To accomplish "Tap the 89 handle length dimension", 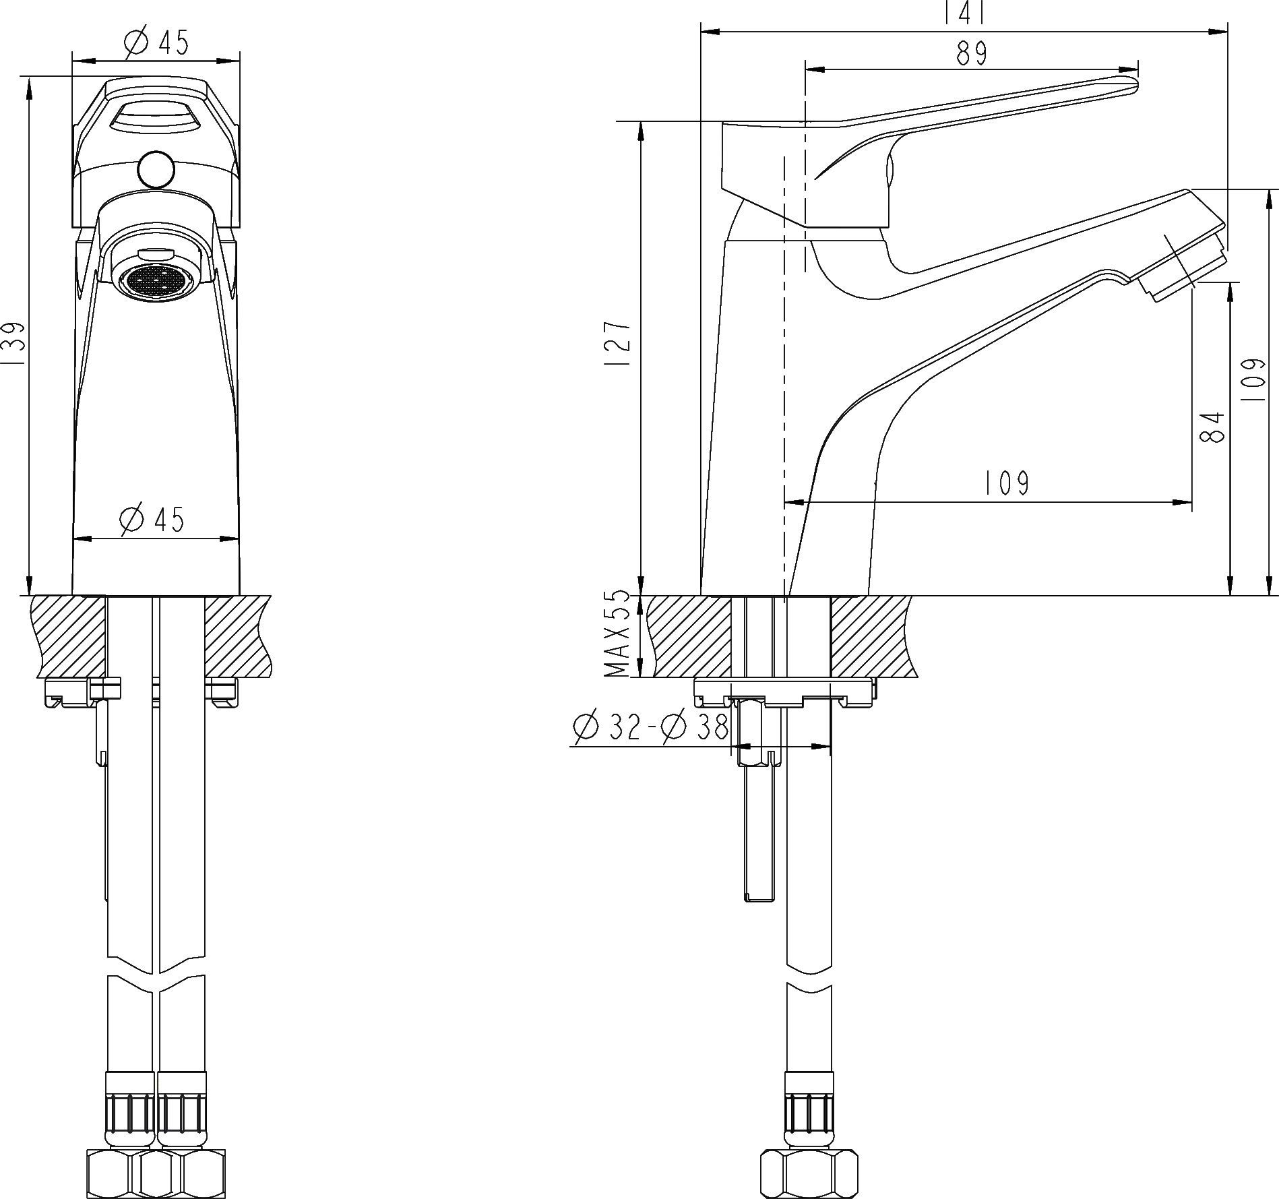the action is pos(971,53).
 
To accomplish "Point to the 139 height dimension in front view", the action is pos(14,344).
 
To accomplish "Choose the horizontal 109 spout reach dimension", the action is pos(1007,483).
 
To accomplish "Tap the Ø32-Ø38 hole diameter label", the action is pos(651,727).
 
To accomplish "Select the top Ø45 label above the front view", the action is pos(157,43).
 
